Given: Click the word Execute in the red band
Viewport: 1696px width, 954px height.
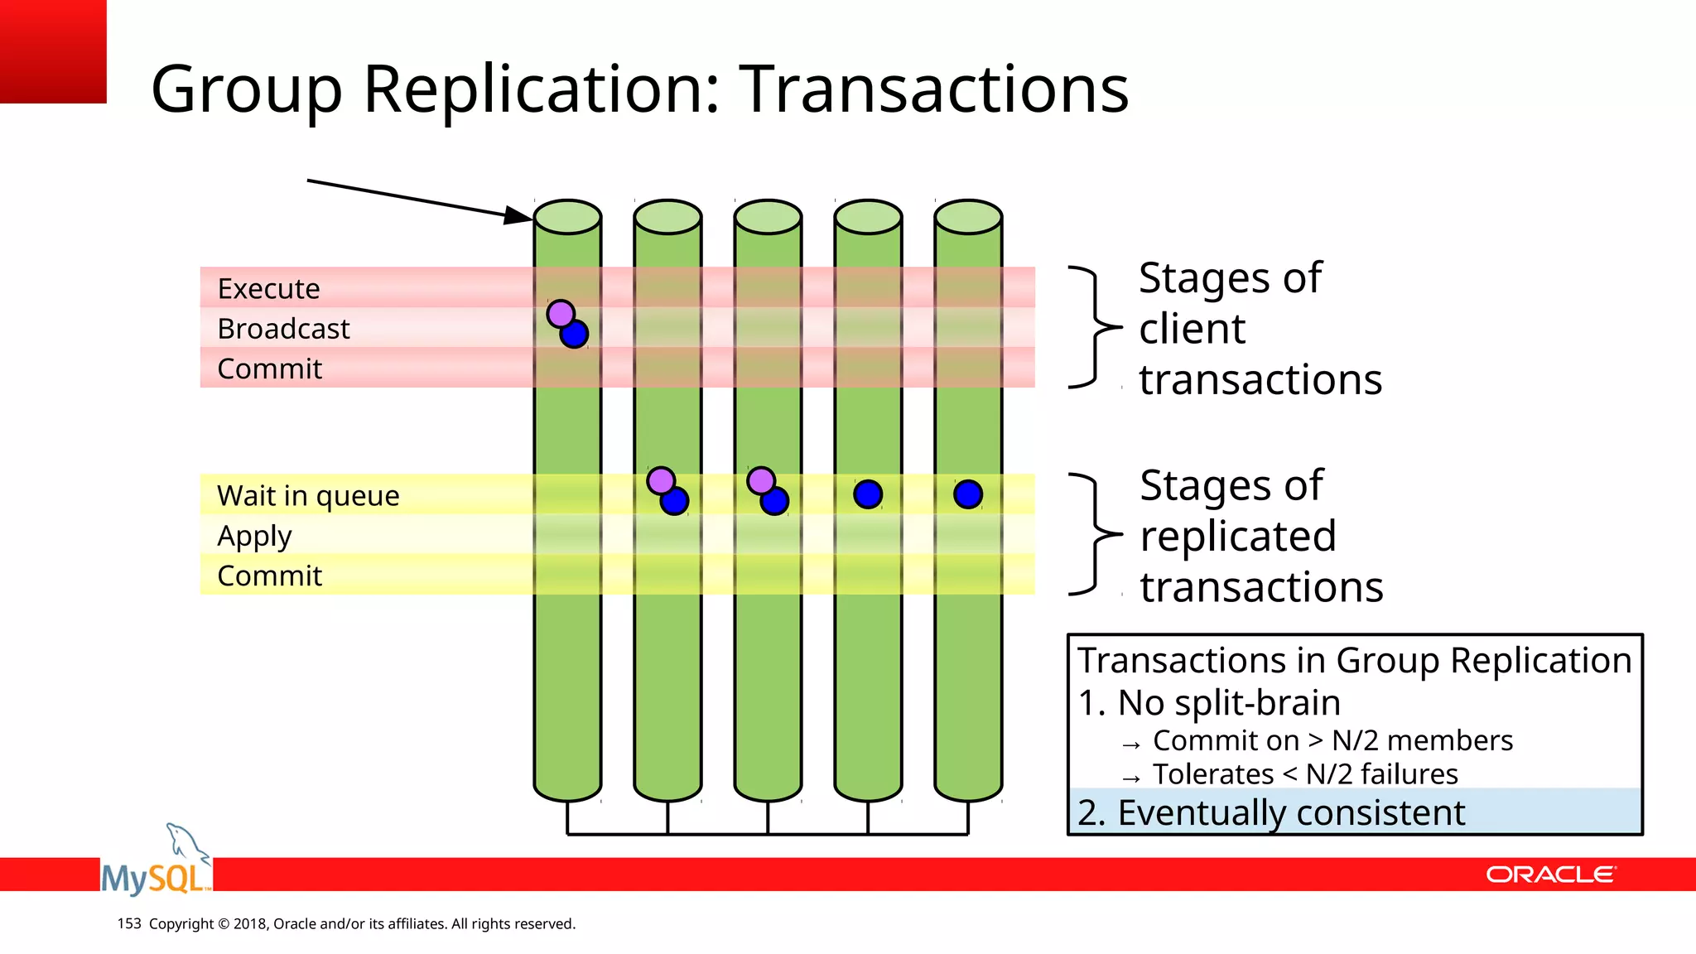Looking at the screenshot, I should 268,289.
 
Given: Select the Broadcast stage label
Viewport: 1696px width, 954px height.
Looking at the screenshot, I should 283,329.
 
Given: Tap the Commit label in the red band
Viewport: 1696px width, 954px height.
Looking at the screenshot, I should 269,369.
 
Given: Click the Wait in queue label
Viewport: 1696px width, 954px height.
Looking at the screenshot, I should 308,495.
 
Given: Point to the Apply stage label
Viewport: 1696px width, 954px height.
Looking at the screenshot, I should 254,536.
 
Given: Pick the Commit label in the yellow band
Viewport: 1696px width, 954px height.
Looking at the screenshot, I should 269,576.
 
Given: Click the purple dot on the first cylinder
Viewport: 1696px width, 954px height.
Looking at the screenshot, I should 560,314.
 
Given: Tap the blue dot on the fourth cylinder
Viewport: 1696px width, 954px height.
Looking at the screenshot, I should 868,494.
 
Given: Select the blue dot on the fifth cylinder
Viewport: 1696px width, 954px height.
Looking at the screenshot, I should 968,494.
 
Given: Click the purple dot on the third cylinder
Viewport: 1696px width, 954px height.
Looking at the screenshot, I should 760,479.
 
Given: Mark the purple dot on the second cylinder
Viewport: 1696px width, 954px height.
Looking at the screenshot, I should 660,479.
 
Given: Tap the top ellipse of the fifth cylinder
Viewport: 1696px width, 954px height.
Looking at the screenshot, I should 968,217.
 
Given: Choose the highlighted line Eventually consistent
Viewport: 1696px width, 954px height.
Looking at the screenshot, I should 1271,812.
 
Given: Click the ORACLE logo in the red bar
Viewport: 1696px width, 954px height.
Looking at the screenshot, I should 1550,874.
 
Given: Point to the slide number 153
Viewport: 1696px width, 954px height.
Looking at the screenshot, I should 129,923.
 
